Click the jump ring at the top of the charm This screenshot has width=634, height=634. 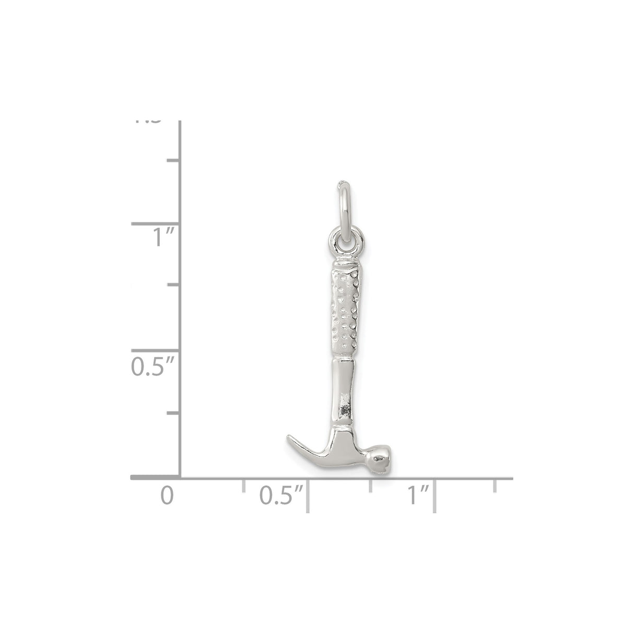(342, 209)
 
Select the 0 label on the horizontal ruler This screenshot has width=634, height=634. (166, 495)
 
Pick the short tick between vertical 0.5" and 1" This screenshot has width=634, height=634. (173, 285)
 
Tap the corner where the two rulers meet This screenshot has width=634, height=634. (180, 477)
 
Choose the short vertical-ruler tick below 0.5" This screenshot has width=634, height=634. (173, 413)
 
